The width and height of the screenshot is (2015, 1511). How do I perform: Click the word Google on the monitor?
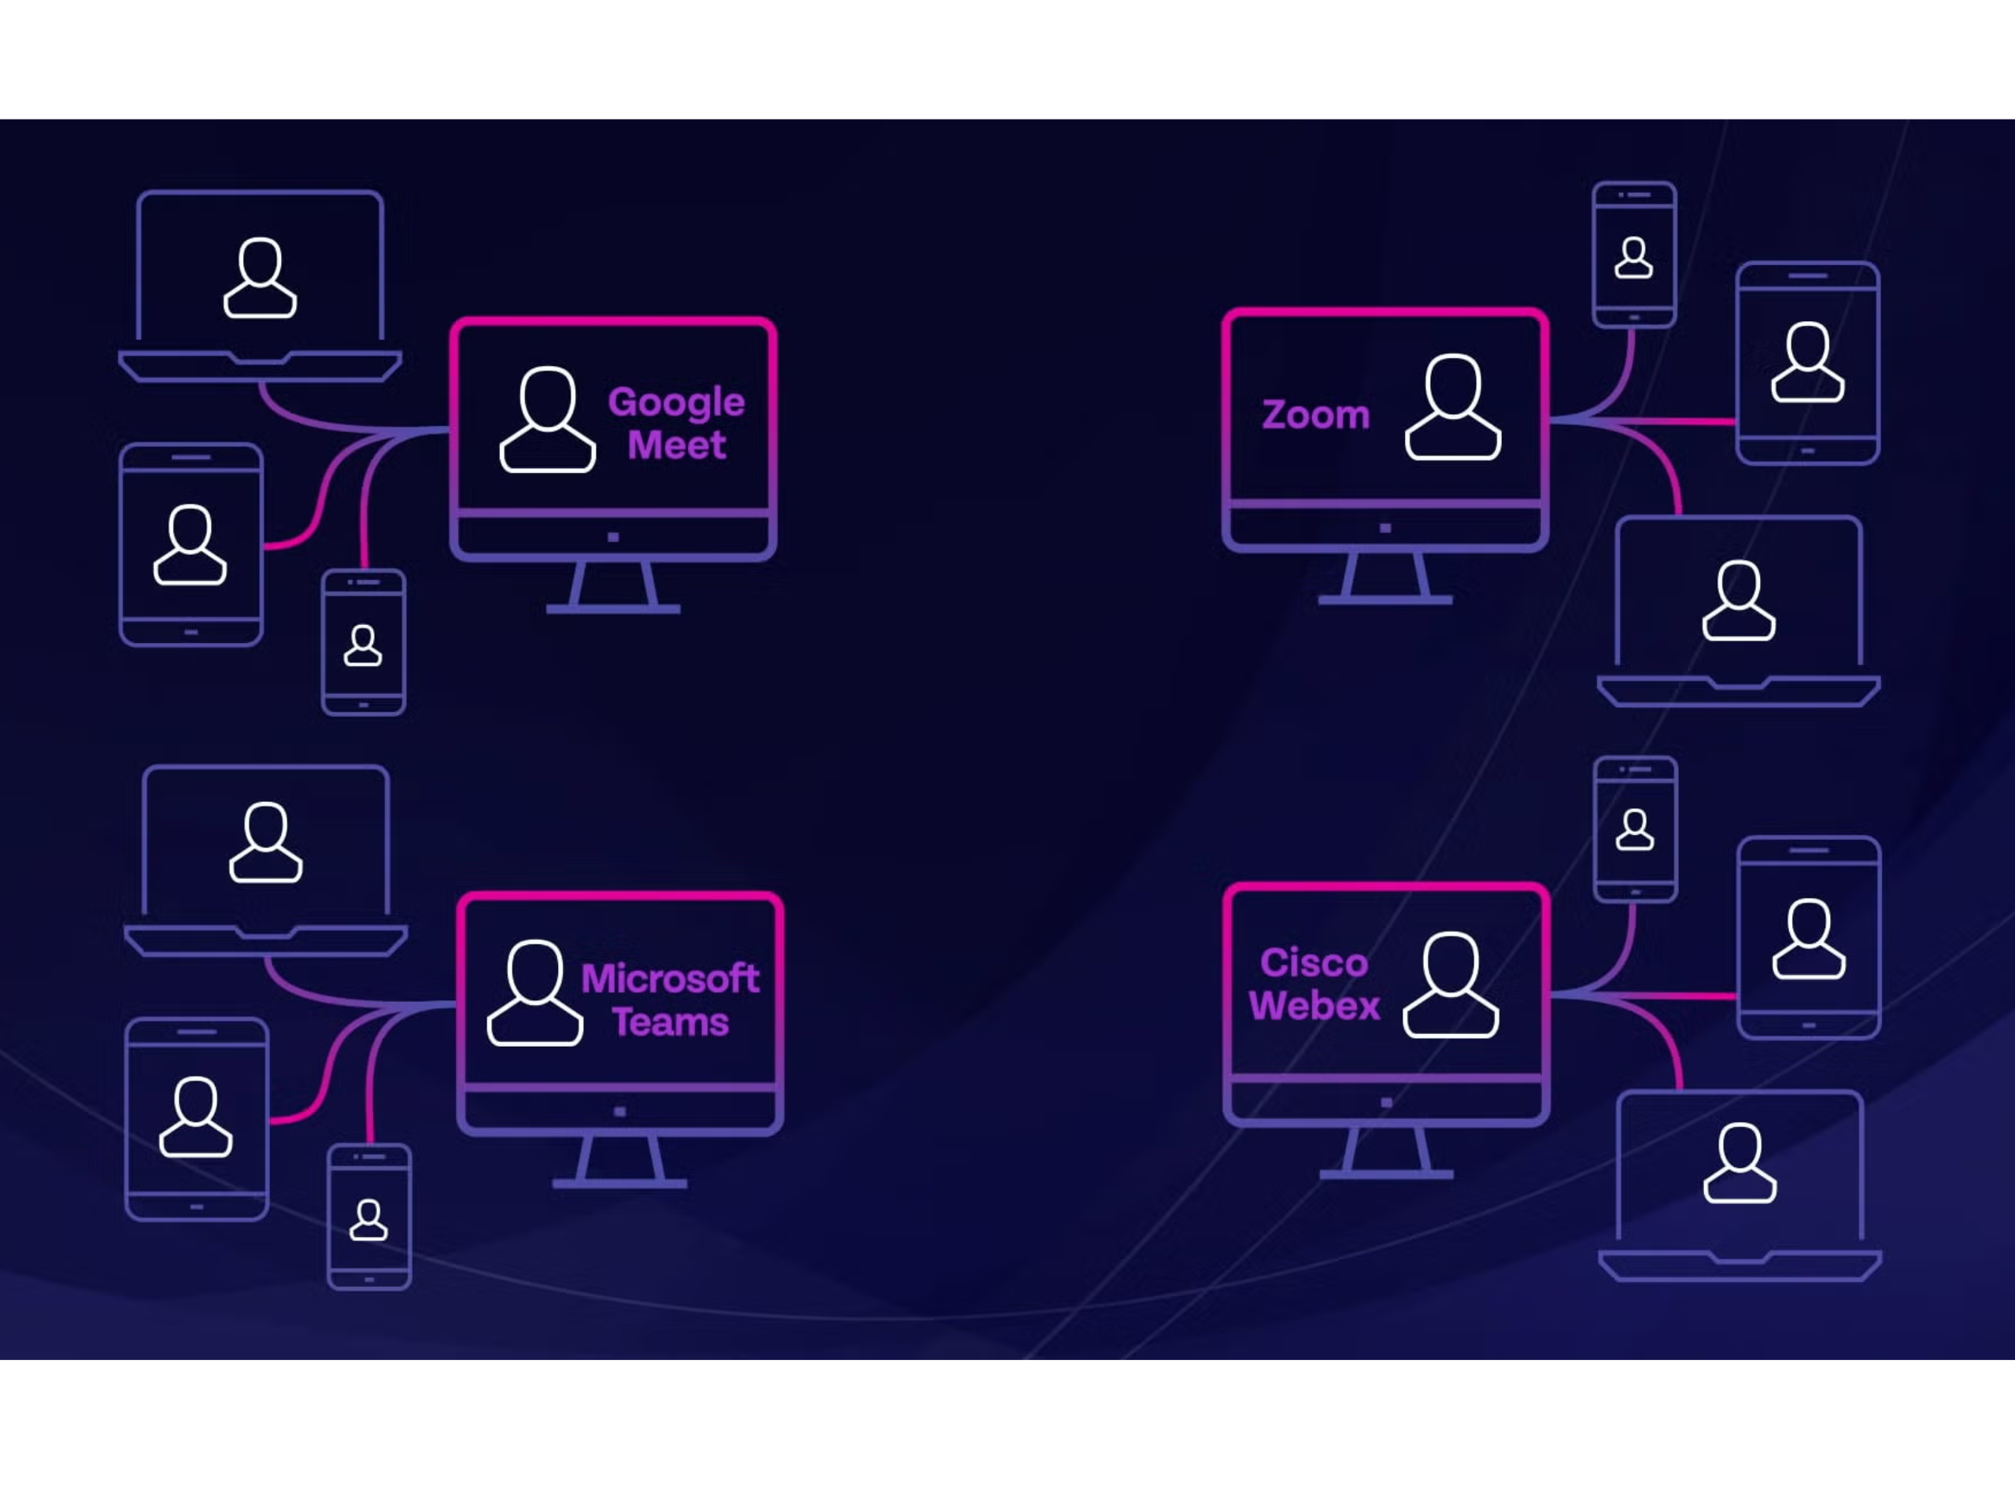click(676, 401)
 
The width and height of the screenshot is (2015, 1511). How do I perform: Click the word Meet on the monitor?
click(676, 445)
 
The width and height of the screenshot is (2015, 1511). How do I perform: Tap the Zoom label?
click(1315, 416)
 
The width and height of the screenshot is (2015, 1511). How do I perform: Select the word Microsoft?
click(670, 979)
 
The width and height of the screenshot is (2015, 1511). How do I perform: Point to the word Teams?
click(670, 1023)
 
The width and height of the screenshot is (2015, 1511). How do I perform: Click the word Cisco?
click(1314, 962)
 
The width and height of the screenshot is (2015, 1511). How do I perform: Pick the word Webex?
click(1314, 1007)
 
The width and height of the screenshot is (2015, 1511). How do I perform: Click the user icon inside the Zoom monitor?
click(1452, 407)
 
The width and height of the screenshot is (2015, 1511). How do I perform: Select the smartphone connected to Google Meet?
click(364, 643)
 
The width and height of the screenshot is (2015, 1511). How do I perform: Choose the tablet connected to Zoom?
click(1807, 363)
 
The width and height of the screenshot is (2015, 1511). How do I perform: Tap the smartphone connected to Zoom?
click(1633, 255)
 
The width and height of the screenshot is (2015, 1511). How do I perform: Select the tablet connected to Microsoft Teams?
click(197, 1118)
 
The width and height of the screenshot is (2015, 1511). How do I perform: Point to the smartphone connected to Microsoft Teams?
click(369, 1217)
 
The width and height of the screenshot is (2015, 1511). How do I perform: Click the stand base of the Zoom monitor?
click(1385, 600)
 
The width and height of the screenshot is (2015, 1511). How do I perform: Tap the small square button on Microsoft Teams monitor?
click(619, 1111)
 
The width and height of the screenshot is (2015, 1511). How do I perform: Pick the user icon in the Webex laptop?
click(1739, 1163)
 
